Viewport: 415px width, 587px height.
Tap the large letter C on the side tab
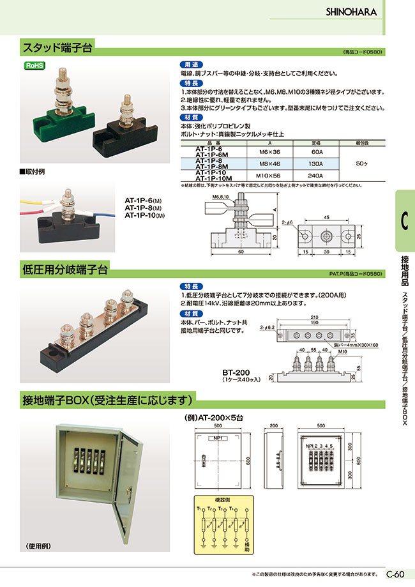pos(405,220)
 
